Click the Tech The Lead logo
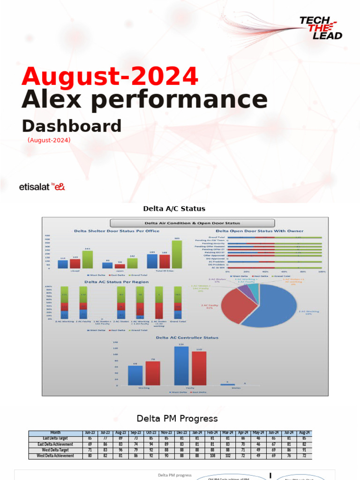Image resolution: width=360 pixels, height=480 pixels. click(x=321, y=28)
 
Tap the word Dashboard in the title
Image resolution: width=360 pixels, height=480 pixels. click(x=72, y=126)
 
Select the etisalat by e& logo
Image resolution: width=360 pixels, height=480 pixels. click(x=42, y=187)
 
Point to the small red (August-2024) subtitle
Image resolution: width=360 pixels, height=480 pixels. click(x=49, y=140)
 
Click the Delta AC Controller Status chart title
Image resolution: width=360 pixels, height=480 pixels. click(x=180, y=337)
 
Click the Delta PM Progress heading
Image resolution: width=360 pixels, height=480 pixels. click(x=177, y=418)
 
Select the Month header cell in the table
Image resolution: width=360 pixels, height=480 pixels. click(x=55, y=433)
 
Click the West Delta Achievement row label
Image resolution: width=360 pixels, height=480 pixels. click(x=55, y=456)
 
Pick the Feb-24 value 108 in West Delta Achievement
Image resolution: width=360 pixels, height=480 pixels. click(x=212, y=456)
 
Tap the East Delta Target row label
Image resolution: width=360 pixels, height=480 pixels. click(x=55, y=438)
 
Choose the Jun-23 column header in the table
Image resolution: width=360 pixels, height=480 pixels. click(x=89, y=433)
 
